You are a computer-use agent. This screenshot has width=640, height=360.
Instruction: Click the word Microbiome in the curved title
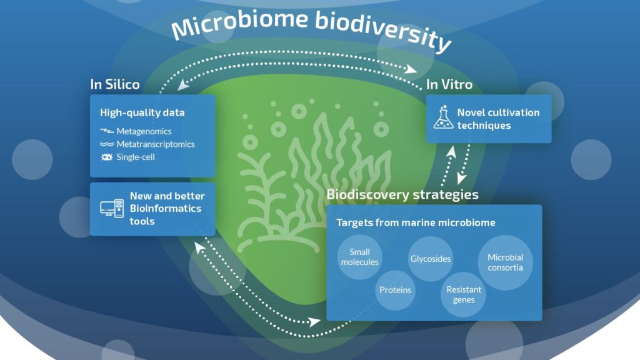pos(239,24)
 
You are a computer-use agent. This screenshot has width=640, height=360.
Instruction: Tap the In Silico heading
pos(115,84)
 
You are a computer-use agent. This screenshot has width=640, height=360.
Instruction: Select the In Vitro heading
pos(449,84)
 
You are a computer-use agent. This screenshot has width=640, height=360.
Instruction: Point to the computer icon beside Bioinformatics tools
pos(112,208)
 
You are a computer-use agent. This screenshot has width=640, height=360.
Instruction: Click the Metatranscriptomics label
pos(156,144)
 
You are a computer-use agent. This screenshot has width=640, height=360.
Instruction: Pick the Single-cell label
pos(136,157)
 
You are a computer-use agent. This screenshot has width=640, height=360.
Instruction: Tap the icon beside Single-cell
pos(106,157)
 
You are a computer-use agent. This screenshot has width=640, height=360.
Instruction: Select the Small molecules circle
pos(359,257)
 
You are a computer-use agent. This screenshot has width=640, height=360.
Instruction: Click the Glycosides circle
pos(431,259)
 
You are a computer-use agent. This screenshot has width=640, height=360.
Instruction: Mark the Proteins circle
pos(395,290)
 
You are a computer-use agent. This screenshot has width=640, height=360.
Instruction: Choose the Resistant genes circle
pos(463,294)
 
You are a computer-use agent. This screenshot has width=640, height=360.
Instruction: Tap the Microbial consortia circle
pos(505,262)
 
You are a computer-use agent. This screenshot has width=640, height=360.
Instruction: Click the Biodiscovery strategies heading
pos(402,195)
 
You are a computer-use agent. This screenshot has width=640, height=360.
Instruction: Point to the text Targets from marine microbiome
pos(416,222)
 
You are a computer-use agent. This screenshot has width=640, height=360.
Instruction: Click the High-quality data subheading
pos(142,112)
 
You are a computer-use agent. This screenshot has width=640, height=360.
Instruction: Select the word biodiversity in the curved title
pos(383,31)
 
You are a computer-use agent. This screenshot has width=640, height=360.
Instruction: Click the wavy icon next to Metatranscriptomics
pos(106,144)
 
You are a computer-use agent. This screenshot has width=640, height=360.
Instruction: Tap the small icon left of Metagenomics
pos(106,131)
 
